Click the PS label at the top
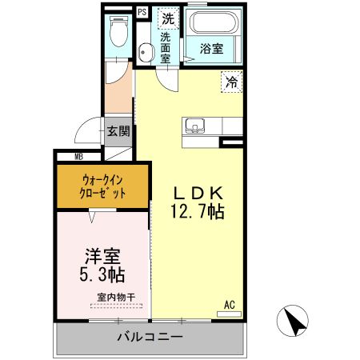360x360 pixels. click(x=142, y=12)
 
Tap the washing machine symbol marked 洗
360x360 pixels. click(x=168, y=17)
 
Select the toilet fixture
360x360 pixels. click(x=118, y=32)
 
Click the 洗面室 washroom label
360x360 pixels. click(x=166, y=47)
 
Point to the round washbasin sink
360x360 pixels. click(x=146, y=54)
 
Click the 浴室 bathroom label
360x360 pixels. click(x=211, y=49)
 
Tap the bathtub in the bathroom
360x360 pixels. click(x=212, y=22)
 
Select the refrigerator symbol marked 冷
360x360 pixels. click(x=231, y=81)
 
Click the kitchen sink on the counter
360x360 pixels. click(x=195, y=126)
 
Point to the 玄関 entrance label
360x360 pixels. click(x=118, y=131)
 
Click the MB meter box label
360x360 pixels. click(x=80, y=157)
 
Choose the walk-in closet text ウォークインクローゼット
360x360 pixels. click(x=103, y=186)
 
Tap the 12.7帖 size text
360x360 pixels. click(x=196, y=213)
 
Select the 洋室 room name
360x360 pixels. click(x=103, y=258)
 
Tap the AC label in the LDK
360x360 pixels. click(x=230, y=304)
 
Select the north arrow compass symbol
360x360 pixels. click(x=293, y=322)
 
